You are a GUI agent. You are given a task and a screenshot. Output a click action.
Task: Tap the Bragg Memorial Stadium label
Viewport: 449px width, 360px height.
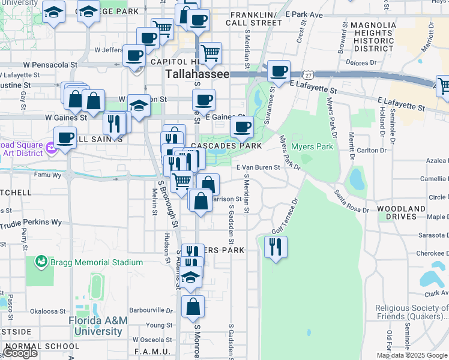pyautogui.click(x=96, y=262)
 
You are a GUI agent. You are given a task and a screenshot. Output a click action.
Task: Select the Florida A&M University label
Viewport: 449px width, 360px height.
pyautogui.click(x=98, y=326)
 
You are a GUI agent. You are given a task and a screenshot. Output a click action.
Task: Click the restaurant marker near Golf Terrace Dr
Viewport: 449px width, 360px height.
pyautogui.click(x=276, y=247)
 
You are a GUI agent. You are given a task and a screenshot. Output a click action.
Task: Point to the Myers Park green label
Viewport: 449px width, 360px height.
pyautogui.click(x=312, y=146)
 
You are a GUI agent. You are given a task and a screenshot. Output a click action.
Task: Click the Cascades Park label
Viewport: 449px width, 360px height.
pyautogui.click(x=226, y=146)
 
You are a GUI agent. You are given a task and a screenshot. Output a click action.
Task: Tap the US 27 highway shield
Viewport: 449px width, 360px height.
pyautogui.click(x=309, y=74)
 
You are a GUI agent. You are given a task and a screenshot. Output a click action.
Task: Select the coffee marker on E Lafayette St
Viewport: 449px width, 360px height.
pyautogui.click(x=279, y=71)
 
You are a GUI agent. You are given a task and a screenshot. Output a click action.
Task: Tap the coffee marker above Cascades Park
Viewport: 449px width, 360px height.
pyautogui.click(x=242, y=127)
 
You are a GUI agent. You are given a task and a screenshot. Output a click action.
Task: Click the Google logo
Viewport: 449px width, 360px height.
pyautogui.click(x=20, y=353)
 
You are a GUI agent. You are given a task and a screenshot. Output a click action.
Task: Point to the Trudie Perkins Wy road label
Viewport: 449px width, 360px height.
pyautogui.click(x=31, y=222)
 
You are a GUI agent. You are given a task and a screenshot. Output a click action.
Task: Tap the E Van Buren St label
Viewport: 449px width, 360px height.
pyautogui.click(x=258, y=168)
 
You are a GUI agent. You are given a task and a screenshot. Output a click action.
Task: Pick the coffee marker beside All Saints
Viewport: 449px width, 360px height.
pyautogui.click(x=65, y=137)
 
